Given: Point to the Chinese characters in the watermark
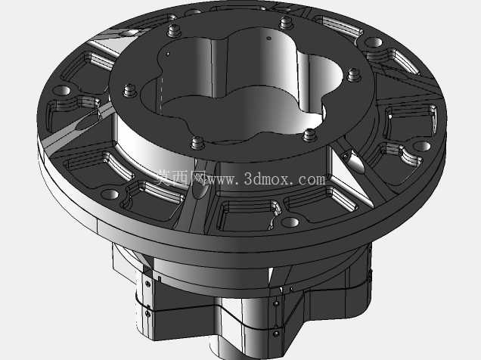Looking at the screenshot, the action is tap(180, 178).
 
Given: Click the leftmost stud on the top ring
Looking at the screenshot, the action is tap(129, 91).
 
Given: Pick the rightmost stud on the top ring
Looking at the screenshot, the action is tap(353, 75).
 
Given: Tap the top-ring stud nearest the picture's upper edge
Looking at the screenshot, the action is tap(286, 23).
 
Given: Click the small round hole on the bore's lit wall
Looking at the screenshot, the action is tap(269, 39).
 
